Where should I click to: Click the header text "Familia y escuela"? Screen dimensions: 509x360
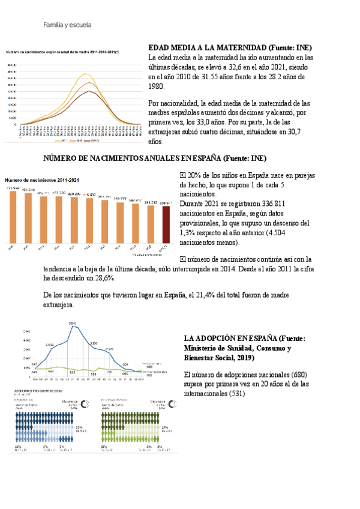pyautogui.click(x=67, y=26)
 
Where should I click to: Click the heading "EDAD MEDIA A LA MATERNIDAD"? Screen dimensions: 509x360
pyautogui.click(x=207, y=47)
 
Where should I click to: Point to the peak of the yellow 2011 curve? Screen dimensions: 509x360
pyautogui.click(x=89, y=74)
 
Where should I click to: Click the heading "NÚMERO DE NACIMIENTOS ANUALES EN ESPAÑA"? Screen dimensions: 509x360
pyautogui.click(x=133, y=158)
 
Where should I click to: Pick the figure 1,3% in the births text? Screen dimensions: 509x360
pyautogui.click(x=188, y=233)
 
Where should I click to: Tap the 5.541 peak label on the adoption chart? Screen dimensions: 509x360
pyautogui.click(x=73, y=324)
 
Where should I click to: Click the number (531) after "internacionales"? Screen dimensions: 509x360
pyautogui.click(x=236, y=394)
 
